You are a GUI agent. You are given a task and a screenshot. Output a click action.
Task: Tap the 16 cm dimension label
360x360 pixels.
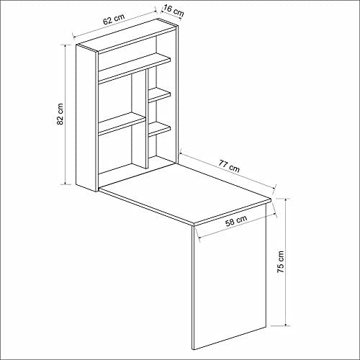[174, 11]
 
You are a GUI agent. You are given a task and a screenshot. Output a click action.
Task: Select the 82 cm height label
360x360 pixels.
[60, 114]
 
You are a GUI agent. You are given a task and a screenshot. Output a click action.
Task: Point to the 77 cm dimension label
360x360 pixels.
[229, 166]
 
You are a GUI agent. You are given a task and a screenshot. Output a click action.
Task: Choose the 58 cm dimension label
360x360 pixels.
[236, 221]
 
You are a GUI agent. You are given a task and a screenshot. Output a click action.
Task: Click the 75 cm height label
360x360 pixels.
[280, 262]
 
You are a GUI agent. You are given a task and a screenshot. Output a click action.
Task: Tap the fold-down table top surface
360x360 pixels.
[185, 192]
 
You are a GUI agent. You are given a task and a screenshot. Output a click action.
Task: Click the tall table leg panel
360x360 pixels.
[229, 276]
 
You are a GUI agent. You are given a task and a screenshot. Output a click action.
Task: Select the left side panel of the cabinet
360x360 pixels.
[86, 118]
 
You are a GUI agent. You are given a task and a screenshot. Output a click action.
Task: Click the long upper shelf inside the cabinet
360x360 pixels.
[135, 68]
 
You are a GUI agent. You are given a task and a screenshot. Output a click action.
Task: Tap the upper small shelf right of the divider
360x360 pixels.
[159, 95]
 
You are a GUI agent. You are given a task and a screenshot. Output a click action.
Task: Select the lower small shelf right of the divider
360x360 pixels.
[159, 130]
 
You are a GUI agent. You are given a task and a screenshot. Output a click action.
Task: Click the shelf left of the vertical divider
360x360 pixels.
[122, 124]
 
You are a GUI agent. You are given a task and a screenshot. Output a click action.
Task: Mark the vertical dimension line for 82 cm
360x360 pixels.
[66, 114]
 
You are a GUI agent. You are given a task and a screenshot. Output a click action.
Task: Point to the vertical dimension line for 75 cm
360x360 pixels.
[286, 262]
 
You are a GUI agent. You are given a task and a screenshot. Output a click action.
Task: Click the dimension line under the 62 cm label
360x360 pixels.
[115, 24]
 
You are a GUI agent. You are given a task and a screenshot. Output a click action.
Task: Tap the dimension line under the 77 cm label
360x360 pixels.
[228, 170]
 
